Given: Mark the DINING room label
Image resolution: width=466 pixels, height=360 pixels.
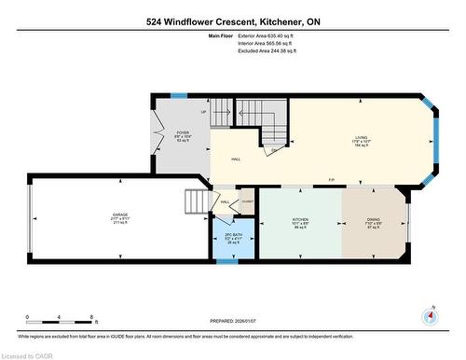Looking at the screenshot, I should click(373, 222).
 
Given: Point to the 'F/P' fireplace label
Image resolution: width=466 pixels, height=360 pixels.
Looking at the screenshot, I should click(330, 180).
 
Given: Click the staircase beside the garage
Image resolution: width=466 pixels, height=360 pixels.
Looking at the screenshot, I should click(196, 201).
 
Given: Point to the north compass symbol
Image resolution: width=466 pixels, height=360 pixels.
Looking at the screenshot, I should click(430, 315).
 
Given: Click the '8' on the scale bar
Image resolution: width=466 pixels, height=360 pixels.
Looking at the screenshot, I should click(89, 317).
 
